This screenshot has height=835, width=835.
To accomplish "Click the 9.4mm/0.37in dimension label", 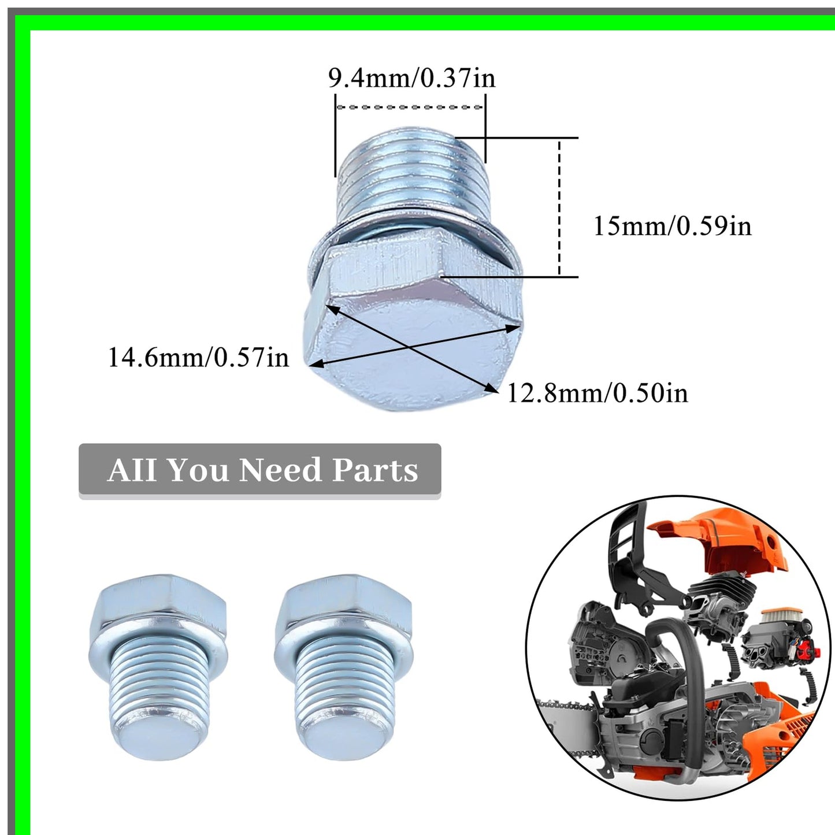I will (x=411, y=78).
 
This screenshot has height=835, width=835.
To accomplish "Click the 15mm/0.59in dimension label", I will (x=672, y=225).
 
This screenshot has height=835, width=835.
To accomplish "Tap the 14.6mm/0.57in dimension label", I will (x=198, y=357).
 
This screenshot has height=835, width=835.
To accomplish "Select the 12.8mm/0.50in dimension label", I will (x=597, y=394).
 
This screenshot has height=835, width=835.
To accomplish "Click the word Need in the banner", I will (x=280, y=470).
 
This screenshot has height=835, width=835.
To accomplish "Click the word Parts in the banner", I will (x=374, y=470).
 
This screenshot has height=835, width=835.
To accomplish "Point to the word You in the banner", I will (x=197, y=470).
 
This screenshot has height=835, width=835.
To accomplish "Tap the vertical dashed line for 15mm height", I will (x=559, y=208).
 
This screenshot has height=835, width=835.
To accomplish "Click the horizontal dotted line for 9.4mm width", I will (x=410, y=107).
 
